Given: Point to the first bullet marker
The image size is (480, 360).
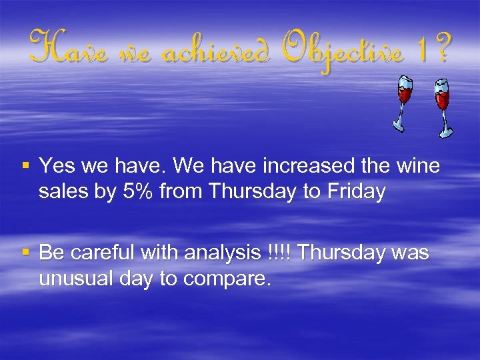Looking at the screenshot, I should point(25,165).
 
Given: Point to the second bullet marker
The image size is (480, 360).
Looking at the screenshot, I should point(25,253).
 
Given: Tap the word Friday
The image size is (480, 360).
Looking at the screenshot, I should point(356,192).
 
